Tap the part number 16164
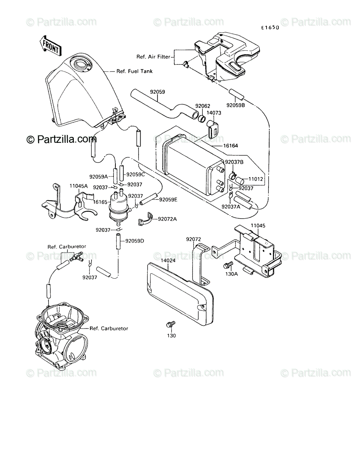coord(230,146)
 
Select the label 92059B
coord(236,105)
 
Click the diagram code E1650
coord(270,28)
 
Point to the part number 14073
coord(214,113)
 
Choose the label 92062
coord(203,106)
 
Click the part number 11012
coord(256,179)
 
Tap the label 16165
coord(100,202)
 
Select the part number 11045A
coord(79,186)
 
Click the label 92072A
coord(167,219)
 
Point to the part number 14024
coord(168,261)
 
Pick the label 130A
coord(232,274)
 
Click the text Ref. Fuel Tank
coord(135,71)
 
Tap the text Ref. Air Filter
coord(153,57)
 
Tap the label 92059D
coord(135,241)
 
